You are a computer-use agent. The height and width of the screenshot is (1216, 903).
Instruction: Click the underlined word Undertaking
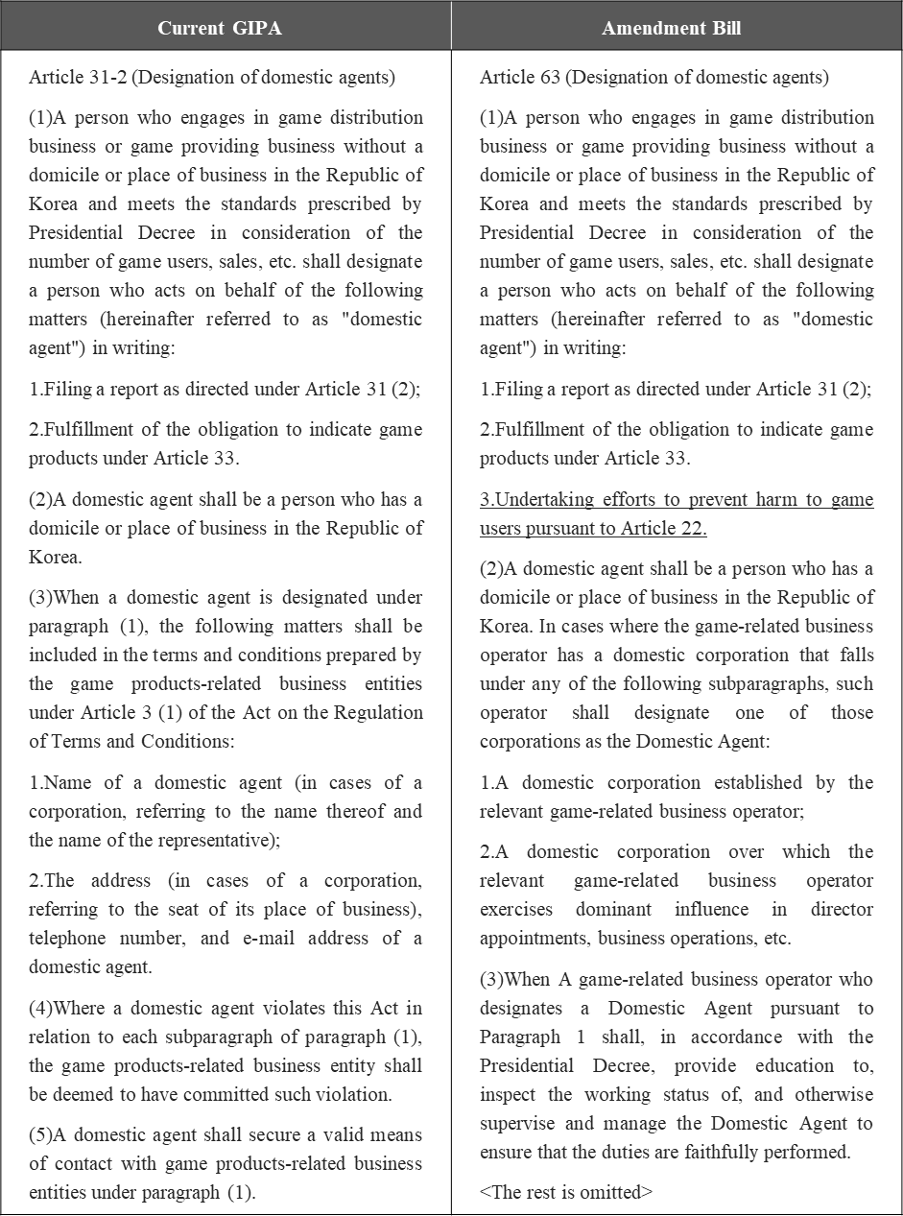point(544,499)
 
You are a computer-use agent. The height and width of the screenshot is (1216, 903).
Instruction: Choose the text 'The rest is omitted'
point(566,1192)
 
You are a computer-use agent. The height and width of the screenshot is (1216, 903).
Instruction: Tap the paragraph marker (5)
point(41,1135)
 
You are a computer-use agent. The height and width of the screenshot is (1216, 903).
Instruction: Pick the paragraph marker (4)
point(41,1008)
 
